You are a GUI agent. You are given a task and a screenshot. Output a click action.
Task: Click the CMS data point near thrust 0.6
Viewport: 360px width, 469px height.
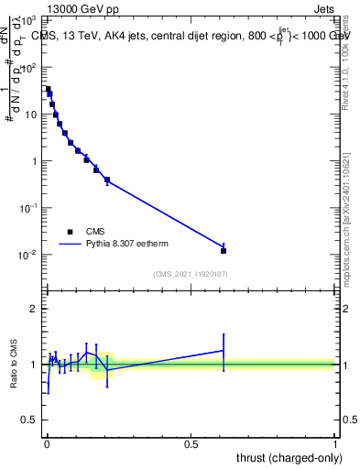224,250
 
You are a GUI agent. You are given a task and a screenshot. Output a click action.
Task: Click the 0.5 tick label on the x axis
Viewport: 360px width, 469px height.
191,443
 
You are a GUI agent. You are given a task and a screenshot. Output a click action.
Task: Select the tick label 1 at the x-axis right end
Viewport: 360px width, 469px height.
335,443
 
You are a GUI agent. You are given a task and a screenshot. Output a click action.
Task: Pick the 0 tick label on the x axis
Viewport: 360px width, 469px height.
47,443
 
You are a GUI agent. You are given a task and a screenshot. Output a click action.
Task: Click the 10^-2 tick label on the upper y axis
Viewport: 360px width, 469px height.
31,254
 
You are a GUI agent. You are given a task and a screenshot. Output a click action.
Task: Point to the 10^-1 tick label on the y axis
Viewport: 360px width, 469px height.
31,208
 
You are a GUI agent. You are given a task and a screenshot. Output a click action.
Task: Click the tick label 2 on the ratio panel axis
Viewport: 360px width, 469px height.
36,309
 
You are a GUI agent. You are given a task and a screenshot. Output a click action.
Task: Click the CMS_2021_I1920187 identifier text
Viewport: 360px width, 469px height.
190,274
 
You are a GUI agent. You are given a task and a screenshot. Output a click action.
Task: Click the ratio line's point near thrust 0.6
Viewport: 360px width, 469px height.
224,350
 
